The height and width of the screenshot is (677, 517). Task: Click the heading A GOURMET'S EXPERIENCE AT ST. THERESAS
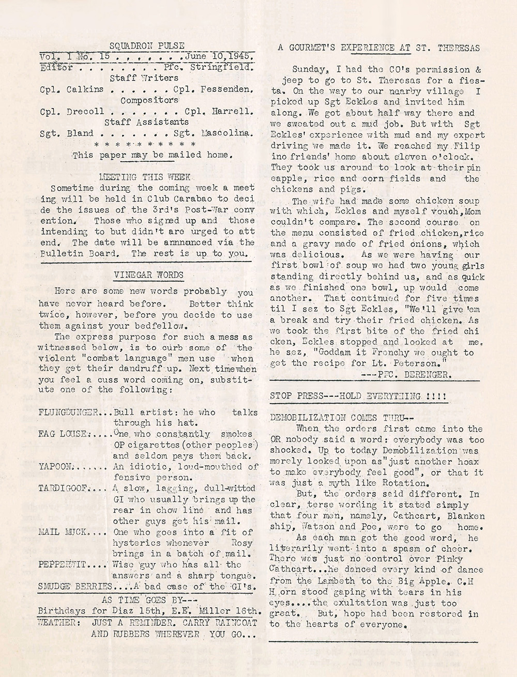[x=379, y=48]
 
